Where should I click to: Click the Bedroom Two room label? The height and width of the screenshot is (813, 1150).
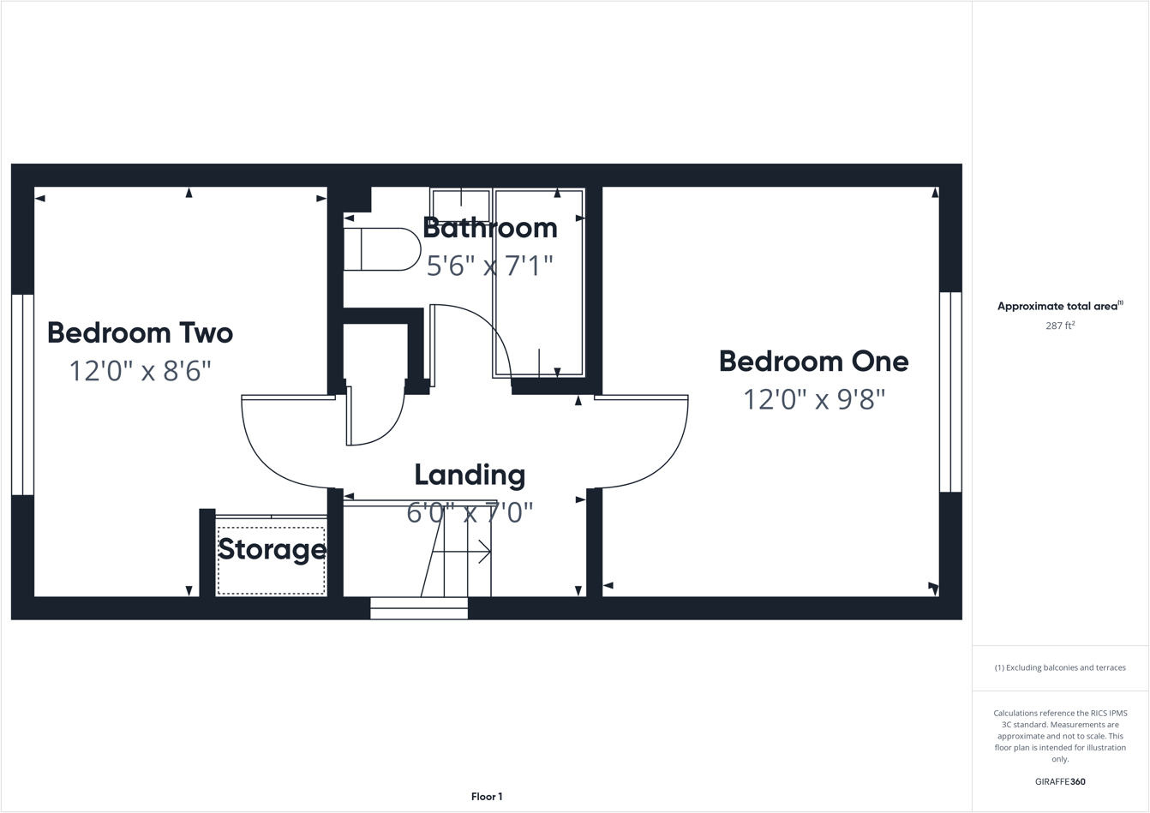pyautogui.click(x=140, y=332)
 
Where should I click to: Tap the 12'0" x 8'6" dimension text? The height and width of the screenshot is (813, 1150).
pyautogui.click(x=140, y=371)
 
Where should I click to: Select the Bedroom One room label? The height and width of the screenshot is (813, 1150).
pyautogui.click(x=813, y=361)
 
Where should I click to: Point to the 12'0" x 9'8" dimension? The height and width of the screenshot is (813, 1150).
pyautogui.click(x=813, y=399)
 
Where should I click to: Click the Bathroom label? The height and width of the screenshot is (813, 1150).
pyautogui.click(x=489, y=228)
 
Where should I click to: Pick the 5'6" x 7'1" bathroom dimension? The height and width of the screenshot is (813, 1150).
pyautogui.click(x=489, y=266)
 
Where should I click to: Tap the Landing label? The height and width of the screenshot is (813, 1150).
pyautogui.click(x=470, y=475)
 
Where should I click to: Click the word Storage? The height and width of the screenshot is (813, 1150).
pyautogui.click(x=272, y=549)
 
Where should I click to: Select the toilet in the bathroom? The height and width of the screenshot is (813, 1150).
pyautogui.click(x=381, y=249)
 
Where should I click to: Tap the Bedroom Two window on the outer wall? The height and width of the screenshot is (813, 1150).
pyautogui.click(x=22, y=394)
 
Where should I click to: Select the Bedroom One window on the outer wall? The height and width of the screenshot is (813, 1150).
pyautogui.click(x=950, y=392)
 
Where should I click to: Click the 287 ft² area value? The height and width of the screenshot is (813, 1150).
pyautogui.click(x=1060, y=326)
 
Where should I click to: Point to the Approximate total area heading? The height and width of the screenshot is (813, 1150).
pyautogui.click(x=1059, y=306)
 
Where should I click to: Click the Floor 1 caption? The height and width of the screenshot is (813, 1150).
pyautogui.click(x=487, y=797)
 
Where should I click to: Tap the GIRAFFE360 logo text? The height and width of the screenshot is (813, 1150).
pyautogui.click(x=1060, y=781)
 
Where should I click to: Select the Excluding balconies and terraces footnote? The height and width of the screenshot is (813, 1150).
pyautogui.click(x=1060, y=667)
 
